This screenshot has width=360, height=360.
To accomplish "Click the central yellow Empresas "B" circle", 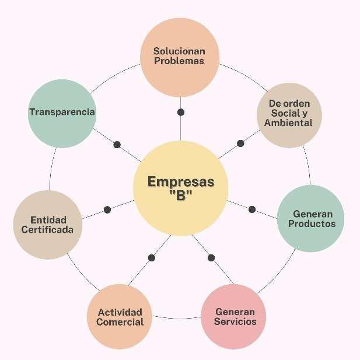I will (x=180, y=188).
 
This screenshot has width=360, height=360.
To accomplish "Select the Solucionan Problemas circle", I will (x=180, y=57).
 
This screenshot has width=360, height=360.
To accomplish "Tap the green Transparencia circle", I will (x=62, y=112).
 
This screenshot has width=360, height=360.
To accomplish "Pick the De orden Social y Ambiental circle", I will (x=288, y=114).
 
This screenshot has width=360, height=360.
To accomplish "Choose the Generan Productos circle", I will (x=310, y=219).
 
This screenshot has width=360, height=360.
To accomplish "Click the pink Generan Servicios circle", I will (x=235, y=317).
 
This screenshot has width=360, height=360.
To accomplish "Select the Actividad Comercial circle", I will (x=120, y=317).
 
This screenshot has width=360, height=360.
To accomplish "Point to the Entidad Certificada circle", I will (x=47, y=225).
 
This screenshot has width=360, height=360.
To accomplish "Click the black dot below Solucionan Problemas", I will (x=181, y=111).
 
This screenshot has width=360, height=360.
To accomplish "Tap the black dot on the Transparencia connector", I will (x=117, y=144).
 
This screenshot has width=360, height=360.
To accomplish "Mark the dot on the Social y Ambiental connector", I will (x=240, y=143).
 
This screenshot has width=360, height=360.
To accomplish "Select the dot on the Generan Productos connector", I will (x=252, y=209).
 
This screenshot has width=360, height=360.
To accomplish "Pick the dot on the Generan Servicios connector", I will (x=211, y=257).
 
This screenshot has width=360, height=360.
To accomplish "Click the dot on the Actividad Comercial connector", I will (x=152, y=257).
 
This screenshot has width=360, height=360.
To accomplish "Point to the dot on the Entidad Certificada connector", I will (x=107, y=209).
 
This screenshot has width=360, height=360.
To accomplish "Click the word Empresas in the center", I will (x=180, y=181).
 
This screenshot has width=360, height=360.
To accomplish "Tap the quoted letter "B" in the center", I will (x=180, y=196).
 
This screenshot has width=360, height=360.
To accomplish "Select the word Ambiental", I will (x=288, y=123).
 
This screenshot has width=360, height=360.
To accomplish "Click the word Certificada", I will (x=47, y=230).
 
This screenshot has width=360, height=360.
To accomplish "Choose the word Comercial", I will (x=120, y=322).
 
